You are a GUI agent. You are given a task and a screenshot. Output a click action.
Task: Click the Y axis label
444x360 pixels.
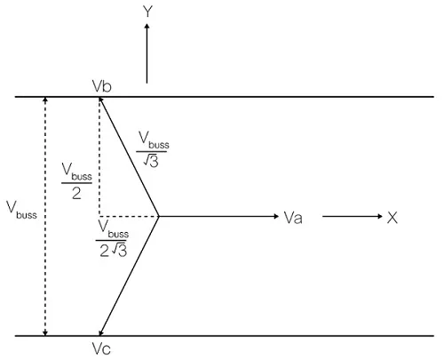[x=147, y=12]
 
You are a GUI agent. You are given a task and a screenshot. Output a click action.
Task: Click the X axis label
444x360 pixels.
[x=392, y=217]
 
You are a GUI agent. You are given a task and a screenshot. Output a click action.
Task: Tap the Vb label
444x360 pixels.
[x=102, y=86]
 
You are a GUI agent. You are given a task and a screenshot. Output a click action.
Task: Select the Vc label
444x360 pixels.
[x=101, y=348]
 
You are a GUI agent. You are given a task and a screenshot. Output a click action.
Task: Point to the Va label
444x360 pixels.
[x=293, y=218]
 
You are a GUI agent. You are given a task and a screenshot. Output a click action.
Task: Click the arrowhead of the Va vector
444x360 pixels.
[x=276, y=217]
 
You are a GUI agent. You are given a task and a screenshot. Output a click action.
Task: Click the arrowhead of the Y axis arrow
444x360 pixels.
[x=147, y=27]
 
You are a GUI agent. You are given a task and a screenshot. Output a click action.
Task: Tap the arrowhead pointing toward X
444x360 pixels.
[x=380, y=217]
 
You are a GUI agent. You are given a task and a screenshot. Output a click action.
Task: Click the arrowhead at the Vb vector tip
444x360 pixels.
[x=101, y=100]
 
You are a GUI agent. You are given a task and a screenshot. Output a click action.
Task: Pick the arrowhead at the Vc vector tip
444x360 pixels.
[x=101, y=332]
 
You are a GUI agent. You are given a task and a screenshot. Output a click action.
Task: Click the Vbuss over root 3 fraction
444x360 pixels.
[x=153, y=149]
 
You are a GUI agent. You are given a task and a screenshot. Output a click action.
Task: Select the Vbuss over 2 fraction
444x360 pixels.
[x=76, y=181]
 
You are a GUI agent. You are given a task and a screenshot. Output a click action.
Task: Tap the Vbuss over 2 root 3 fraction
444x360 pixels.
[x=113, y=238]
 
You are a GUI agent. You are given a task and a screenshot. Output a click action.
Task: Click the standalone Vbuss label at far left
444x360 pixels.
[x=21, y=210]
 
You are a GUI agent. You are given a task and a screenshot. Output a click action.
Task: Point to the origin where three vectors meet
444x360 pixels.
[x=159, y=217]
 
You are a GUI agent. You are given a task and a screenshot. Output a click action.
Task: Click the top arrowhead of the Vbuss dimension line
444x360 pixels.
[x=45, y=100]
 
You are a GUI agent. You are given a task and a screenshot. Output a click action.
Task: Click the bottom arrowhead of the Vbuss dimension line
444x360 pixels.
[x=45, y=333]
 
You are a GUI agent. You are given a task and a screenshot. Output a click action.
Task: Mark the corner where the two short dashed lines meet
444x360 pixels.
[x=99, y=217]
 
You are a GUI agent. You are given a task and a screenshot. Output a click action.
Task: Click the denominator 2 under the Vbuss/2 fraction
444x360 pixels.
[x=76, y=193]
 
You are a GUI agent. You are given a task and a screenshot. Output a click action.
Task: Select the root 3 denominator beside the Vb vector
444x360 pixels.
[x=151, y=161]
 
